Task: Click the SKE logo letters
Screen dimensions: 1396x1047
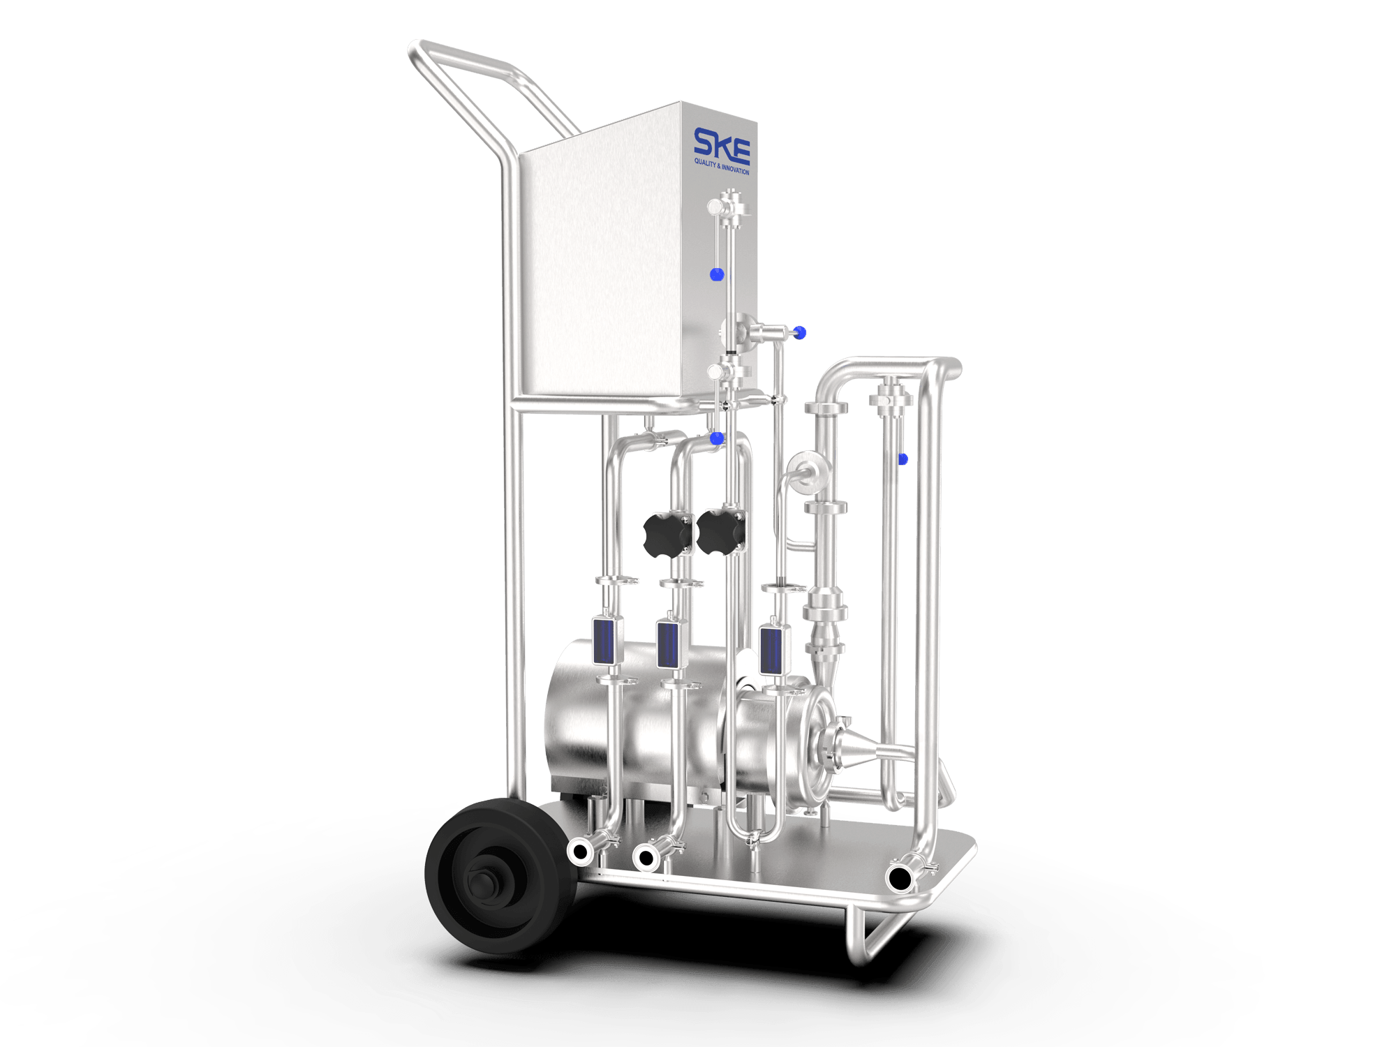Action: [x=722, y=145]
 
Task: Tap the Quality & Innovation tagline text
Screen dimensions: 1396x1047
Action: [x=722, y=166]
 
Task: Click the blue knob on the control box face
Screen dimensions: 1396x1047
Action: [x=716, y=274]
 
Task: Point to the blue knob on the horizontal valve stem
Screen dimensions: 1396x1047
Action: [x=800, y=333]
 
